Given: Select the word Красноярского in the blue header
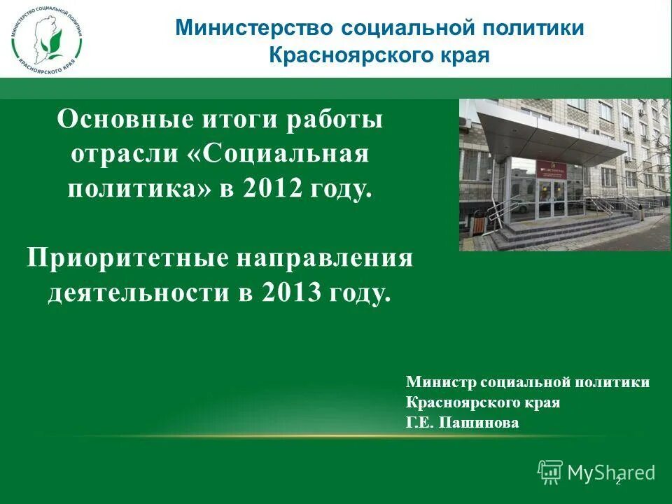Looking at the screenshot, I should click(343, 55).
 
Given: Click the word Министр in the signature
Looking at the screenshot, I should click(433, 382).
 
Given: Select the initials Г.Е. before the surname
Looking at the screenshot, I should click(419, 423).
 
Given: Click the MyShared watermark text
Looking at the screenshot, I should click(610, 472).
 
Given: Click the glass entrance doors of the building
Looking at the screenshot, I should click(549, 199).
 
